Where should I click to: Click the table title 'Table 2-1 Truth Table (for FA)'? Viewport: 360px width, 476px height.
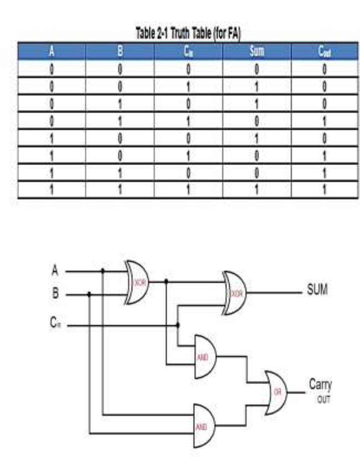188,34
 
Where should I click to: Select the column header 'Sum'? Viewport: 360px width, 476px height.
257,51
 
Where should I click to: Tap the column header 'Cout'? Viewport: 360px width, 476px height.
324,52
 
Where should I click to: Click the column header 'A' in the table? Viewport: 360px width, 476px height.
51,52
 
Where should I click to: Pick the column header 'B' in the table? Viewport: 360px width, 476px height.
120,52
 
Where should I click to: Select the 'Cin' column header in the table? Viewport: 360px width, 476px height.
188,52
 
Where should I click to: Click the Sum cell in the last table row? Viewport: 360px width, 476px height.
257,190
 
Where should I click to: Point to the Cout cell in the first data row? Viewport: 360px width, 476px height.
324,69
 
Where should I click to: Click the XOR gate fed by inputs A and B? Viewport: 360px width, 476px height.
138,282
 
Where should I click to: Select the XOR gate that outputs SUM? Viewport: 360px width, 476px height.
234,293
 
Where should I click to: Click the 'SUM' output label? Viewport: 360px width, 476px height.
317,290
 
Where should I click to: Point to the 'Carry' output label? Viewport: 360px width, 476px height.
320,384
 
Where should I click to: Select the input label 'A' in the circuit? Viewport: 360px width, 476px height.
55,271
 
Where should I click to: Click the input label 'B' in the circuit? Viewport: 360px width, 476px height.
55,293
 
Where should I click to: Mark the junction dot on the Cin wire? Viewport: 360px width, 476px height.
178,325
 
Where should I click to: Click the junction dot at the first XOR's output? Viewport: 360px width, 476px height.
166,281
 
